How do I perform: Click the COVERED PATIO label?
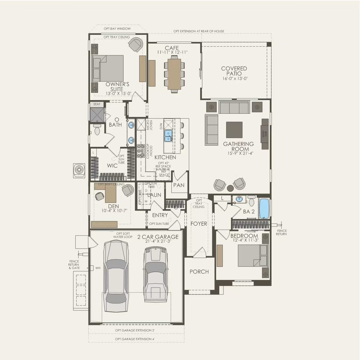pyautogui.click(x=234, y=71)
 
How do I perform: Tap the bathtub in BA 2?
pyautogui.click(x=264, y=208)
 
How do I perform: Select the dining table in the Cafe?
pyautogui.click(x=174, y=74)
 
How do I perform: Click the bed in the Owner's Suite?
pyautogui.click(x=108, y=68)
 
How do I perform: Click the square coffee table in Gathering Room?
pyautogui.click(x=234, y=130)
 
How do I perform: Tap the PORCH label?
pyautogui.click(x=199, y=272)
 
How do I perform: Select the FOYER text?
pyautogui.click(x=199, y=224)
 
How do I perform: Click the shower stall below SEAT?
pyautogui.click(x=97, y=115)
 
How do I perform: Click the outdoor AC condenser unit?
pyautogui.click(x=79, y=170)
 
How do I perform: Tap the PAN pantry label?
pyautogui.click(x=179, y=185)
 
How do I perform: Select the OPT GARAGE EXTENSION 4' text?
pyautogui.click(x=135, y=339)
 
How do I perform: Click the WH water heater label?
pyautogui.click(x=98, y=268)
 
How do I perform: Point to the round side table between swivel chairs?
pyautogui.click(x=230, y=188)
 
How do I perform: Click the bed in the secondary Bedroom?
pyautogui.click(x=253, y=256)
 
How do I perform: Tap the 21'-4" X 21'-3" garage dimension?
pyautogui.click(x=158, y=241)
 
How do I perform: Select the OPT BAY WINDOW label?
pyautogui.click(x=117, y=29)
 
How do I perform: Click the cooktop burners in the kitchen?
pyautogui.click(x=141, y=151)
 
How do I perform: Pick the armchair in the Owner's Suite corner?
pyautogui.click(x=135, y=44)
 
